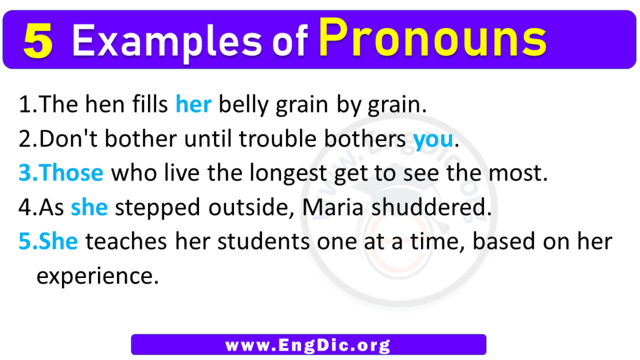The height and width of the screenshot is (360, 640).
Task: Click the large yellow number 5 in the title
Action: (x=38, y=42)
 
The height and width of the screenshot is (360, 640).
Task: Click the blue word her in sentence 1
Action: (x=193, y=105)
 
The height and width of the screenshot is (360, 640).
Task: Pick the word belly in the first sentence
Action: (x=243, y=105)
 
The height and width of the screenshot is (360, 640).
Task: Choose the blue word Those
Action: (x=72, y=174)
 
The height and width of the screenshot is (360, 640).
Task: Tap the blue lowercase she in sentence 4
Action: (x=89, y=208)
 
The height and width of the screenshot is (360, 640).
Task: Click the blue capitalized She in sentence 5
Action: (x=58, y=242)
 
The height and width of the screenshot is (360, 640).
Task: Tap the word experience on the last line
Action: (x=97, y=277)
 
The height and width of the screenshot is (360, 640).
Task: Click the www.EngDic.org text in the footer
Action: (x=308, y=345)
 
